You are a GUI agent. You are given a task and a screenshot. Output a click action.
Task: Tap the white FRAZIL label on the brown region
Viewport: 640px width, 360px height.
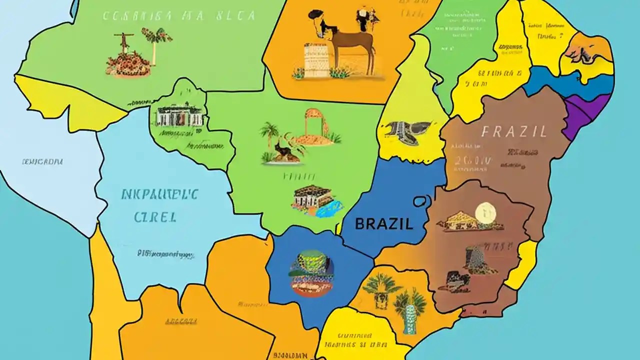coord(514,132)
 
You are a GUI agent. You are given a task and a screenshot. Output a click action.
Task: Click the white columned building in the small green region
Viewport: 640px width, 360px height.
coord(178,116)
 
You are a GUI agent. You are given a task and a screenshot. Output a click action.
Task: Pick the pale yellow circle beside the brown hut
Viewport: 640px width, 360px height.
coord(483,212)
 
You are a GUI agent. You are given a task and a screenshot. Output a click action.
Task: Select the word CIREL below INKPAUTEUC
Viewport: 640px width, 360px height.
coord(155,216)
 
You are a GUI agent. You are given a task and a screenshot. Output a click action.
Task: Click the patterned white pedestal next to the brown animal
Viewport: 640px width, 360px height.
coord(315,60)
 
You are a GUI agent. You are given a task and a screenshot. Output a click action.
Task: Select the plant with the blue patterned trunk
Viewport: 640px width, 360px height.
coord(410,310)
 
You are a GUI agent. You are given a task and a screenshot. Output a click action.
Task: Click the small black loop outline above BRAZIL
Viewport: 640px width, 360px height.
coord(419,201)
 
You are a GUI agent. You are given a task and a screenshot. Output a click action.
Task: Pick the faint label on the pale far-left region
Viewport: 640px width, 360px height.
coord(42,162)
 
